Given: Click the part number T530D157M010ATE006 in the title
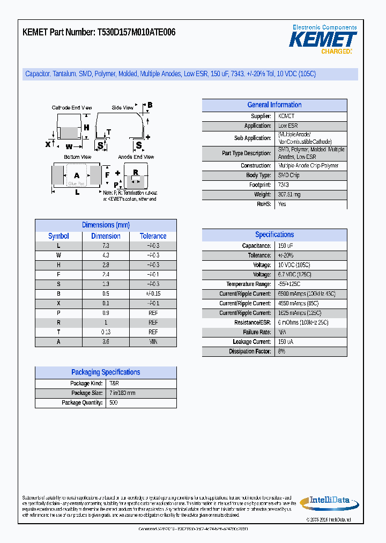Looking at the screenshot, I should click(x=136, y=33).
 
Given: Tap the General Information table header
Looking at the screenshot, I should click(x=274, y=105).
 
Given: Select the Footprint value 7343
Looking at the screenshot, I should click(x=284, y=185).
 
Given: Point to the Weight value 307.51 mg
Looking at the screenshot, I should click(x=289, y=195).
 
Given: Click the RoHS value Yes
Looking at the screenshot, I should click(x=282, y=204).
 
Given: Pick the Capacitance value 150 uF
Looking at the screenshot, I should click(x=285, y=246).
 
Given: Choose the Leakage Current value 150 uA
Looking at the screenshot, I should click(x=285, y=342).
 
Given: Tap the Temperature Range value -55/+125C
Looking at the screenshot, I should click(x=289, y=284).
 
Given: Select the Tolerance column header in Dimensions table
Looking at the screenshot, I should click(x=153, y=236).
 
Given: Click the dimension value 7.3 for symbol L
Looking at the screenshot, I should click(x=106, y=246).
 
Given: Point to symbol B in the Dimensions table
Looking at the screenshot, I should click(x=58, y=294).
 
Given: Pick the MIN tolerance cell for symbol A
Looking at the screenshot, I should click(x=153, y=342).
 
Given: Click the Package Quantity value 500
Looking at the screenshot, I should click(x=113, y=402).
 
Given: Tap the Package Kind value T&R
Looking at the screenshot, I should click(x=114, y=384).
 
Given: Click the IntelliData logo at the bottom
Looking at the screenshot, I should click(x=325, y=502).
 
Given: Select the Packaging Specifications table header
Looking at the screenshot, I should click(x=106, y=372).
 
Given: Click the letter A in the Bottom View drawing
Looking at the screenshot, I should click(x=77, y=175).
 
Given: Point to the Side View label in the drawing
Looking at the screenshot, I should click(x=122, y=108).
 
